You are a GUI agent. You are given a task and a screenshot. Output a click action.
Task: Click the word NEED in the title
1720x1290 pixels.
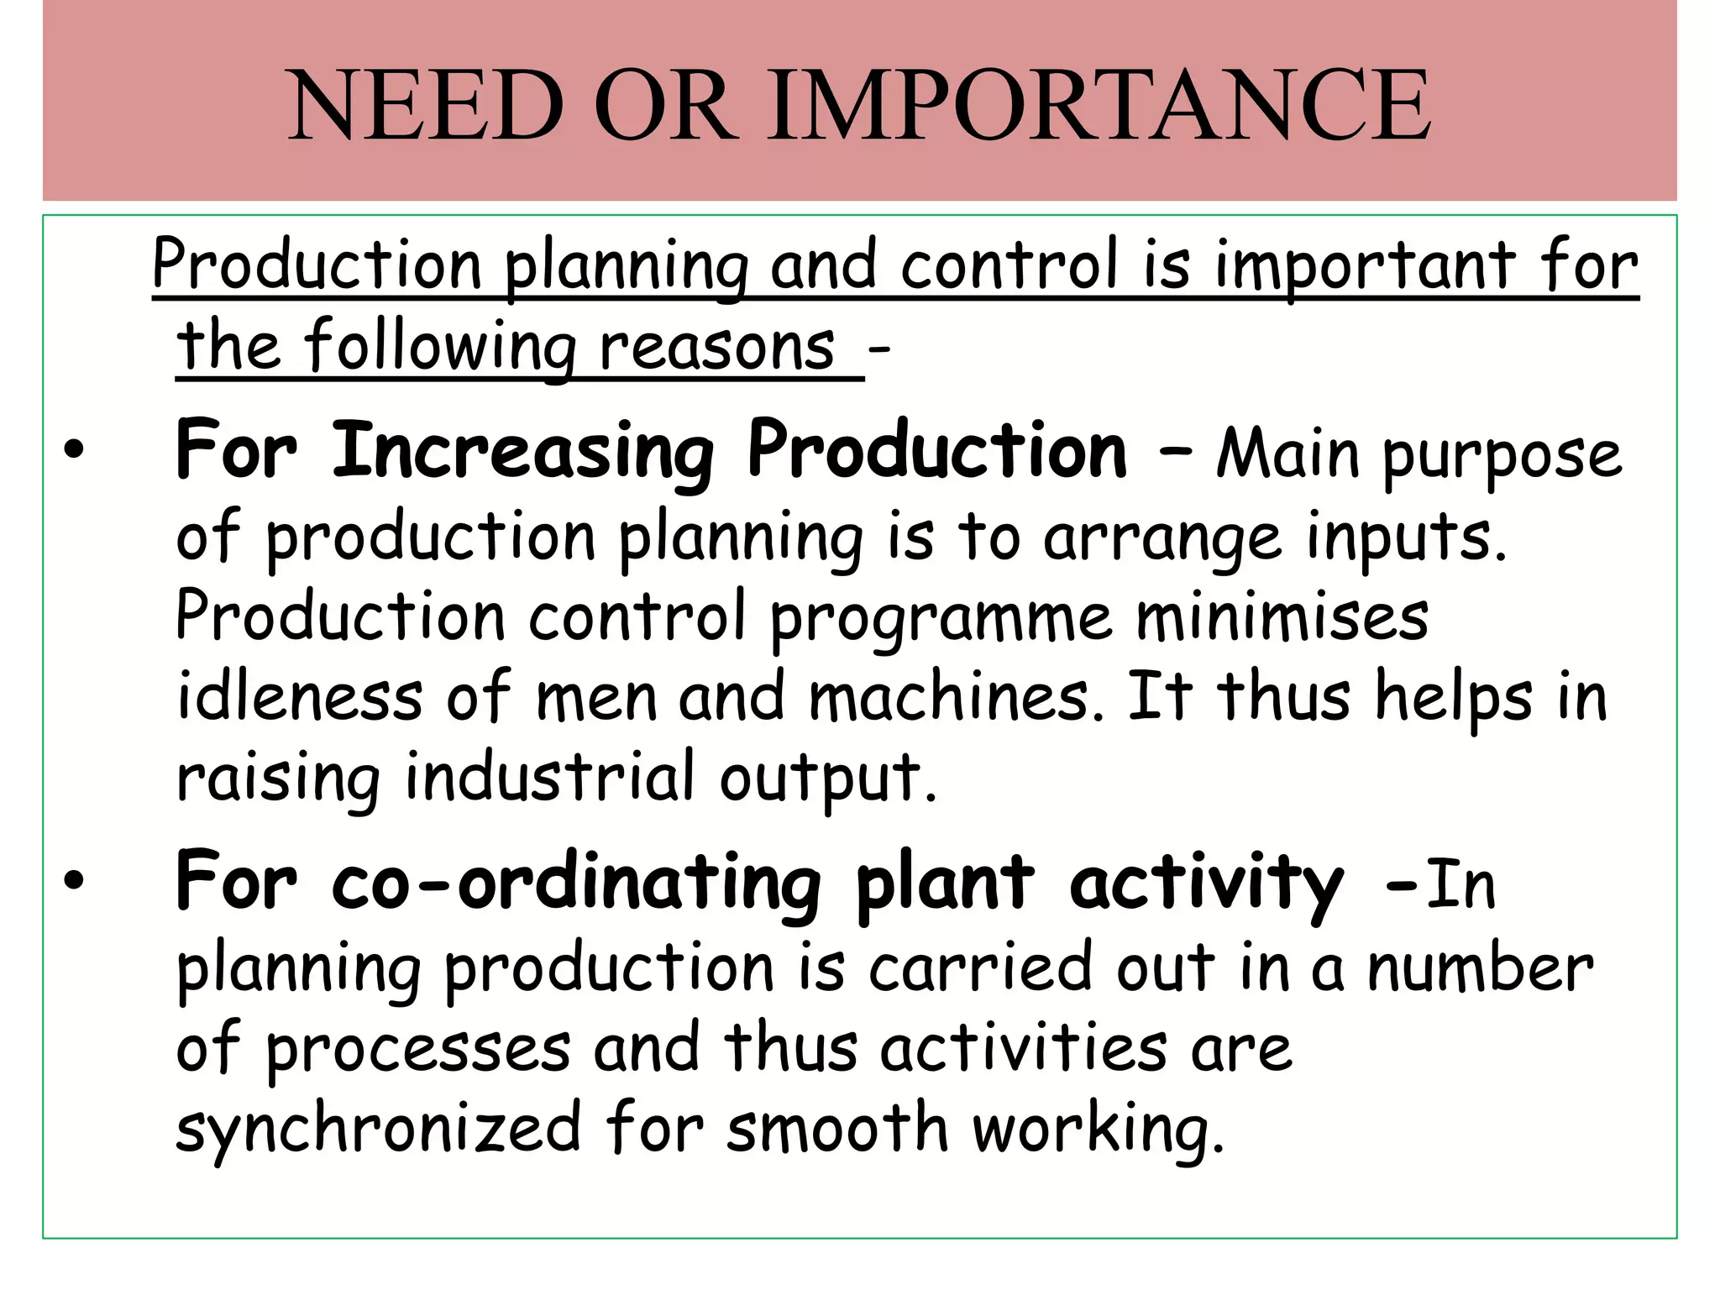pos(426,107)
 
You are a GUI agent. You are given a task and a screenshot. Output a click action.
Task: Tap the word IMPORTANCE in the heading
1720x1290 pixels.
pos(1099,107)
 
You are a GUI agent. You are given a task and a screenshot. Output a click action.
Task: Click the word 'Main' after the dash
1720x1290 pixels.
pos(1287,454)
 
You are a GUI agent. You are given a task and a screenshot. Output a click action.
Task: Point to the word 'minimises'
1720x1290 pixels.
pos(1282,616)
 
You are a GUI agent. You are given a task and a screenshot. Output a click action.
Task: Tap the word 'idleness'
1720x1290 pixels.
pos(300,697)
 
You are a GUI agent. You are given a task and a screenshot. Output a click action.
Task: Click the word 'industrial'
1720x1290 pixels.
pos(550,778)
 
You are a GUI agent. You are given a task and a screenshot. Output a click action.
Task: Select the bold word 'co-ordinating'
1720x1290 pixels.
pos(575,884)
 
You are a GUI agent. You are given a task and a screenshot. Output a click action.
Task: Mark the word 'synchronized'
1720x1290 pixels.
pos(378,1129)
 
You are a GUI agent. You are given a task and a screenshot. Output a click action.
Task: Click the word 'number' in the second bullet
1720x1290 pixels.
pos(1480,969)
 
